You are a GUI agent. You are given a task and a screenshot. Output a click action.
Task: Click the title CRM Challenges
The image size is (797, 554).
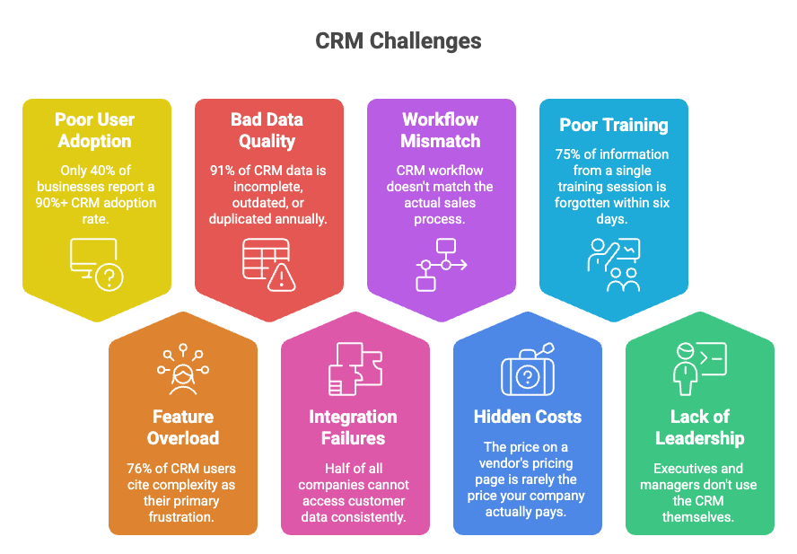398,40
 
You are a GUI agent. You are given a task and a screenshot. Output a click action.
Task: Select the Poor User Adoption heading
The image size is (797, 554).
94,130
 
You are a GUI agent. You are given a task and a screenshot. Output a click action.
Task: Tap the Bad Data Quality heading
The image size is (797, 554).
267,130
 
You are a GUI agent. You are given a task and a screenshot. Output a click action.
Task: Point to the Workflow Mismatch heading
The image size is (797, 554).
441,130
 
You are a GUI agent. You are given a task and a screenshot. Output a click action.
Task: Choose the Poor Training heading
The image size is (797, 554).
614,125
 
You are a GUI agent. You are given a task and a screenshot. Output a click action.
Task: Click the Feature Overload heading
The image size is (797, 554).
183,427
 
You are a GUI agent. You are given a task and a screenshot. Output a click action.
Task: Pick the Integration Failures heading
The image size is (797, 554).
353,427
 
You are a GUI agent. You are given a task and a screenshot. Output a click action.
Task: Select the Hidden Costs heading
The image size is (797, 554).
528,417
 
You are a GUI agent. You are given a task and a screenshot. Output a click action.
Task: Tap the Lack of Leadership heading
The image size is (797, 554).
700,427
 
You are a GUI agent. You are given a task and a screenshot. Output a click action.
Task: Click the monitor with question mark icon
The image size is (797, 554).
96,264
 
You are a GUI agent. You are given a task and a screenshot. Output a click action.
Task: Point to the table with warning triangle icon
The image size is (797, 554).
268,264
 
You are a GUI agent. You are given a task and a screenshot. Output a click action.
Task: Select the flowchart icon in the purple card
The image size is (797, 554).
440,264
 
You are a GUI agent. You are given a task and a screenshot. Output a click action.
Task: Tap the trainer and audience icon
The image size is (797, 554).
614,264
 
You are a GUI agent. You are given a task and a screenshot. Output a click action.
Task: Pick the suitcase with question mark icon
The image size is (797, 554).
528,370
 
